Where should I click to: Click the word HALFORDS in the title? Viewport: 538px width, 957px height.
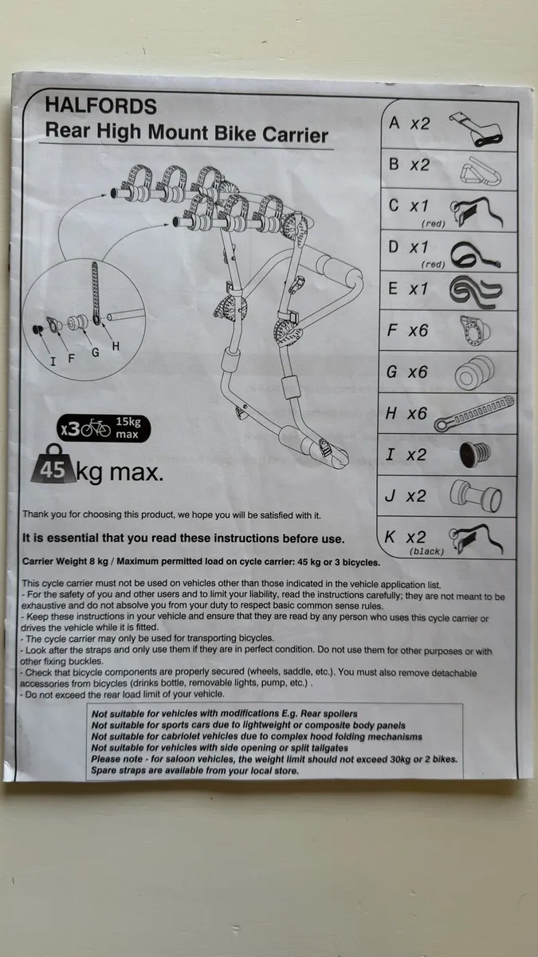tap(101, 106)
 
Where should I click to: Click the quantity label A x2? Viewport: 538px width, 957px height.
tap(408, 123)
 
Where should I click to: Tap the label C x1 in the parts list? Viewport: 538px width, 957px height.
tap(408, 206)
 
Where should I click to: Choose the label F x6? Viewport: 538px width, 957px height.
tap(408, 330)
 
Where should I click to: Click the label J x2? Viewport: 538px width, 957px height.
tap(406, 496)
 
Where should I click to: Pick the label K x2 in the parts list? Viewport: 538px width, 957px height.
tap(406, 538)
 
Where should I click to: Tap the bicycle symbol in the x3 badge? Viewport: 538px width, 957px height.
tap(96, 429)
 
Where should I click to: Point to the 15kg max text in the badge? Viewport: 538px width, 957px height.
tap(128, 428)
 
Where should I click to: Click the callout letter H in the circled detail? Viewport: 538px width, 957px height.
tap(116, 346)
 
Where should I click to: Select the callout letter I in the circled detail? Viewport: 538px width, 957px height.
tap(53, 360)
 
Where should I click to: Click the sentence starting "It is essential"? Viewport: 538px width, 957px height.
tap(183, 538)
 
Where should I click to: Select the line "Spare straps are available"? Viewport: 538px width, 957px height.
tap(194, 770)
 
